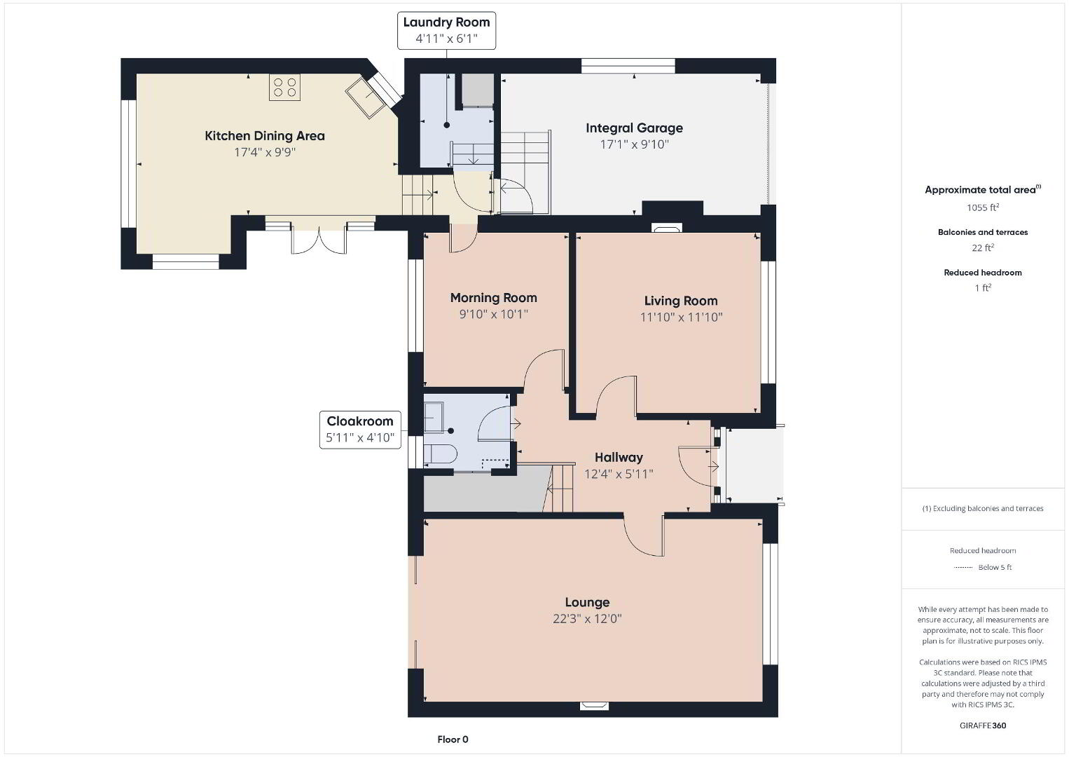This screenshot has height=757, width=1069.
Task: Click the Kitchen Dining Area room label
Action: pos(264,136)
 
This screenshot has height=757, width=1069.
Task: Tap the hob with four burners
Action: pos(285,88)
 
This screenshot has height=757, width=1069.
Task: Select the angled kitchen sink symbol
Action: pos(366,97)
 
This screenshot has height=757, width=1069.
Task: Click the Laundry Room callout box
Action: pos(446,31)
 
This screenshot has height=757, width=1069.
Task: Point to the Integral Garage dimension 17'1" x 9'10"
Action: pos(634,144)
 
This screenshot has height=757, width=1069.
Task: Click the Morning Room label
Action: pos(493,298)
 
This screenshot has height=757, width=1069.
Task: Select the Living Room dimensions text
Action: pos(681,317)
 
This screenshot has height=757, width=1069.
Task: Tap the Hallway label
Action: pos(619,458)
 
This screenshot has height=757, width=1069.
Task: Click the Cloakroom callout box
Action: pos(360,430)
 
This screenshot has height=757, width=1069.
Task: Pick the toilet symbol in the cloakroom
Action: pos(441,453)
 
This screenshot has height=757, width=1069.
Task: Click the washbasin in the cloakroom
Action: pos(434,416)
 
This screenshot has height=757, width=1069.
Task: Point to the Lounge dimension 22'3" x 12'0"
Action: pos(587,619)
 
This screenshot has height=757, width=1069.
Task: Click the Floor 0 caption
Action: pos(453,739)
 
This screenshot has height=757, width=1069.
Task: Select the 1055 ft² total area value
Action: pos(983,207)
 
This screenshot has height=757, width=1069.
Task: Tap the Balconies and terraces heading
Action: pos(983,232)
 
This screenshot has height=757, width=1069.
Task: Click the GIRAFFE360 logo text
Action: pos(983,725)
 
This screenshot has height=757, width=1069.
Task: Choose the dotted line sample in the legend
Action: pos(963,567)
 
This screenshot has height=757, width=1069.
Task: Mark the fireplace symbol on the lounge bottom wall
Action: pos(594,705)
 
